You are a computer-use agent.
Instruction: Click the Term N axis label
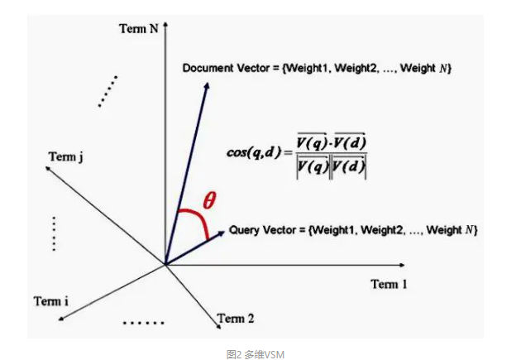140,28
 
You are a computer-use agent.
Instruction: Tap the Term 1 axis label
390,285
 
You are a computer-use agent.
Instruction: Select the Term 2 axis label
236,318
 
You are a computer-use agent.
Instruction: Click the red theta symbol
210,200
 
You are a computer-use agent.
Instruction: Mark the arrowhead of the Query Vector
222,233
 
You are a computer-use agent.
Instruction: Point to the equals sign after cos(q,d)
289,152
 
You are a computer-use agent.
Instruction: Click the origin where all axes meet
165,265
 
